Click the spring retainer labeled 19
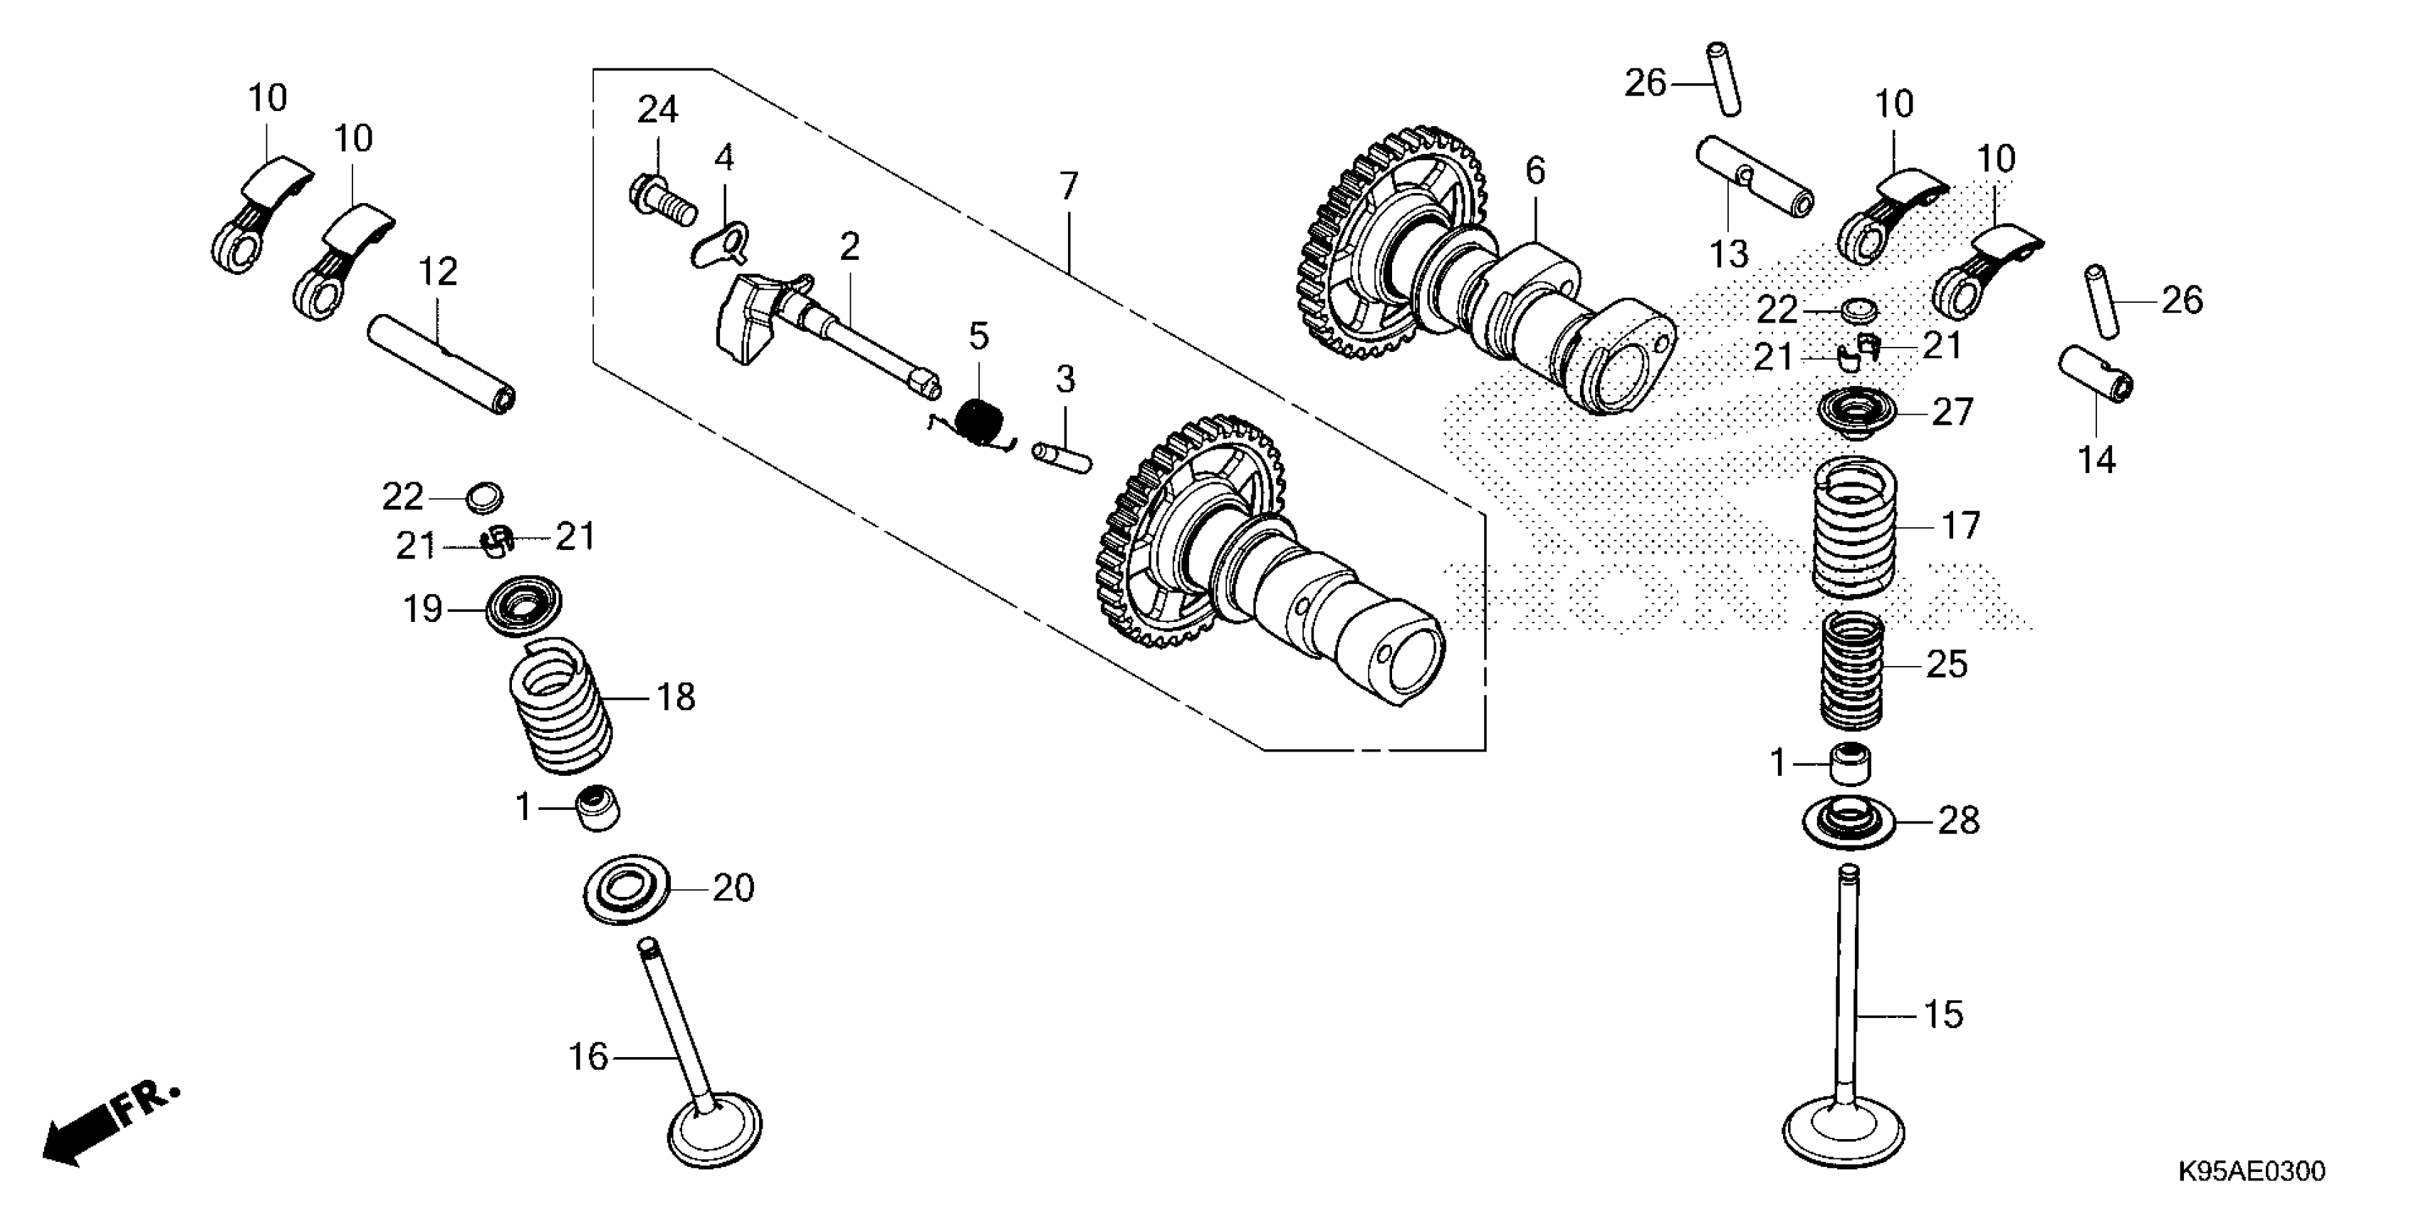[523, 608]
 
